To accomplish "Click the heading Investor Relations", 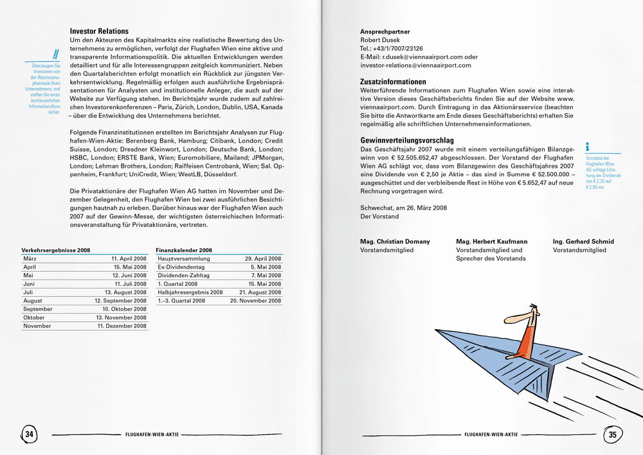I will tap(99, 31).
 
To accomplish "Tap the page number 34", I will tap(29, 434).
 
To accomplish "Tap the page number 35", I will tap(612, 434).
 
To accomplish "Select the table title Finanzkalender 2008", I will tap(184, 249).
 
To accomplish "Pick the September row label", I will tap(38, 309).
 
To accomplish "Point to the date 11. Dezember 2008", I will tap(122, 326).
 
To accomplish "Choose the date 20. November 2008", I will tap(255, 301).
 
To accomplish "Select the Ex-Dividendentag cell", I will tap(181, 267).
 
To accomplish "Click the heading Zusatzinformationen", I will tap(393, 82).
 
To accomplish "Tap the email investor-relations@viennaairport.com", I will tap(415, 65).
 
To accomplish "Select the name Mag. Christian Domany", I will tap(395, 242).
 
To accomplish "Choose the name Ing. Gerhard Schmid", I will tap(583, 242).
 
